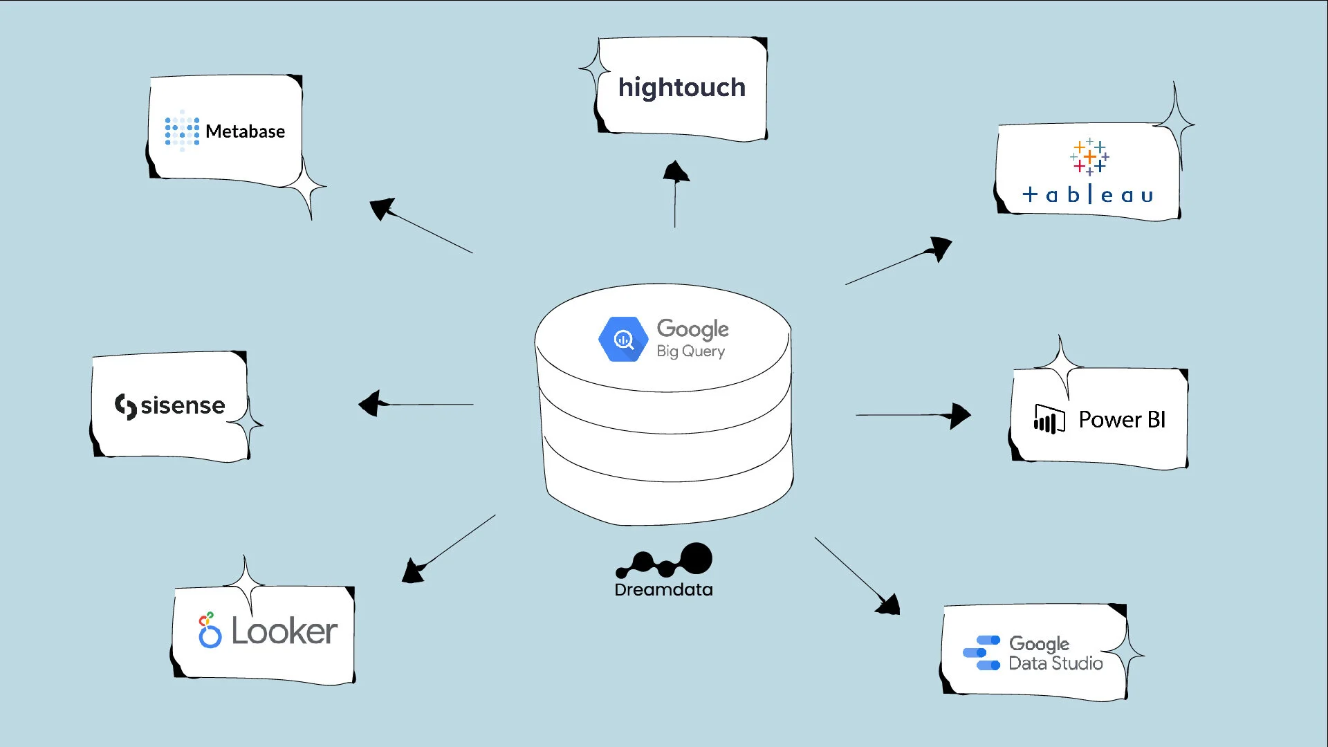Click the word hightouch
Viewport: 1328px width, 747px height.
681,88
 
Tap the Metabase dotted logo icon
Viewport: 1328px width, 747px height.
182,130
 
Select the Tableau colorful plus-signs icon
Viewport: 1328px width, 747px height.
1089,157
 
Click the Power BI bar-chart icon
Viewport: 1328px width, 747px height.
1049,419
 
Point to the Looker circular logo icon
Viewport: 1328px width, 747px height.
210,631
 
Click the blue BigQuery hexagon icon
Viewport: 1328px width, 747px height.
623,339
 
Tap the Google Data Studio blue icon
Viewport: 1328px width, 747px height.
981,653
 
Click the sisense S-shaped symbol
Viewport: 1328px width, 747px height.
125,406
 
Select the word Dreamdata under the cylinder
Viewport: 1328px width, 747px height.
663,590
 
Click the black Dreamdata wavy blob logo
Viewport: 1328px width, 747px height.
665,561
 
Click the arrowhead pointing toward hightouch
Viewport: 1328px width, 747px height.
676,172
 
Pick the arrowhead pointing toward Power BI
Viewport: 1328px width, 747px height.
959,416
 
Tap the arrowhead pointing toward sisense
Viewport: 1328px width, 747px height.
370,403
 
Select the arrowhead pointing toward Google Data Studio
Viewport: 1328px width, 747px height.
889,605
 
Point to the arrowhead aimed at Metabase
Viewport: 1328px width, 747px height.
382,207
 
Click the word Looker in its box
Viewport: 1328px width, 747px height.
284,631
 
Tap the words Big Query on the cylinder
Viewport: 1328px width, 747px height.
690,351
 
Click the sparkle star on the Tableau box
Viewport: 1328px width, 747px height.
1174,124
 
